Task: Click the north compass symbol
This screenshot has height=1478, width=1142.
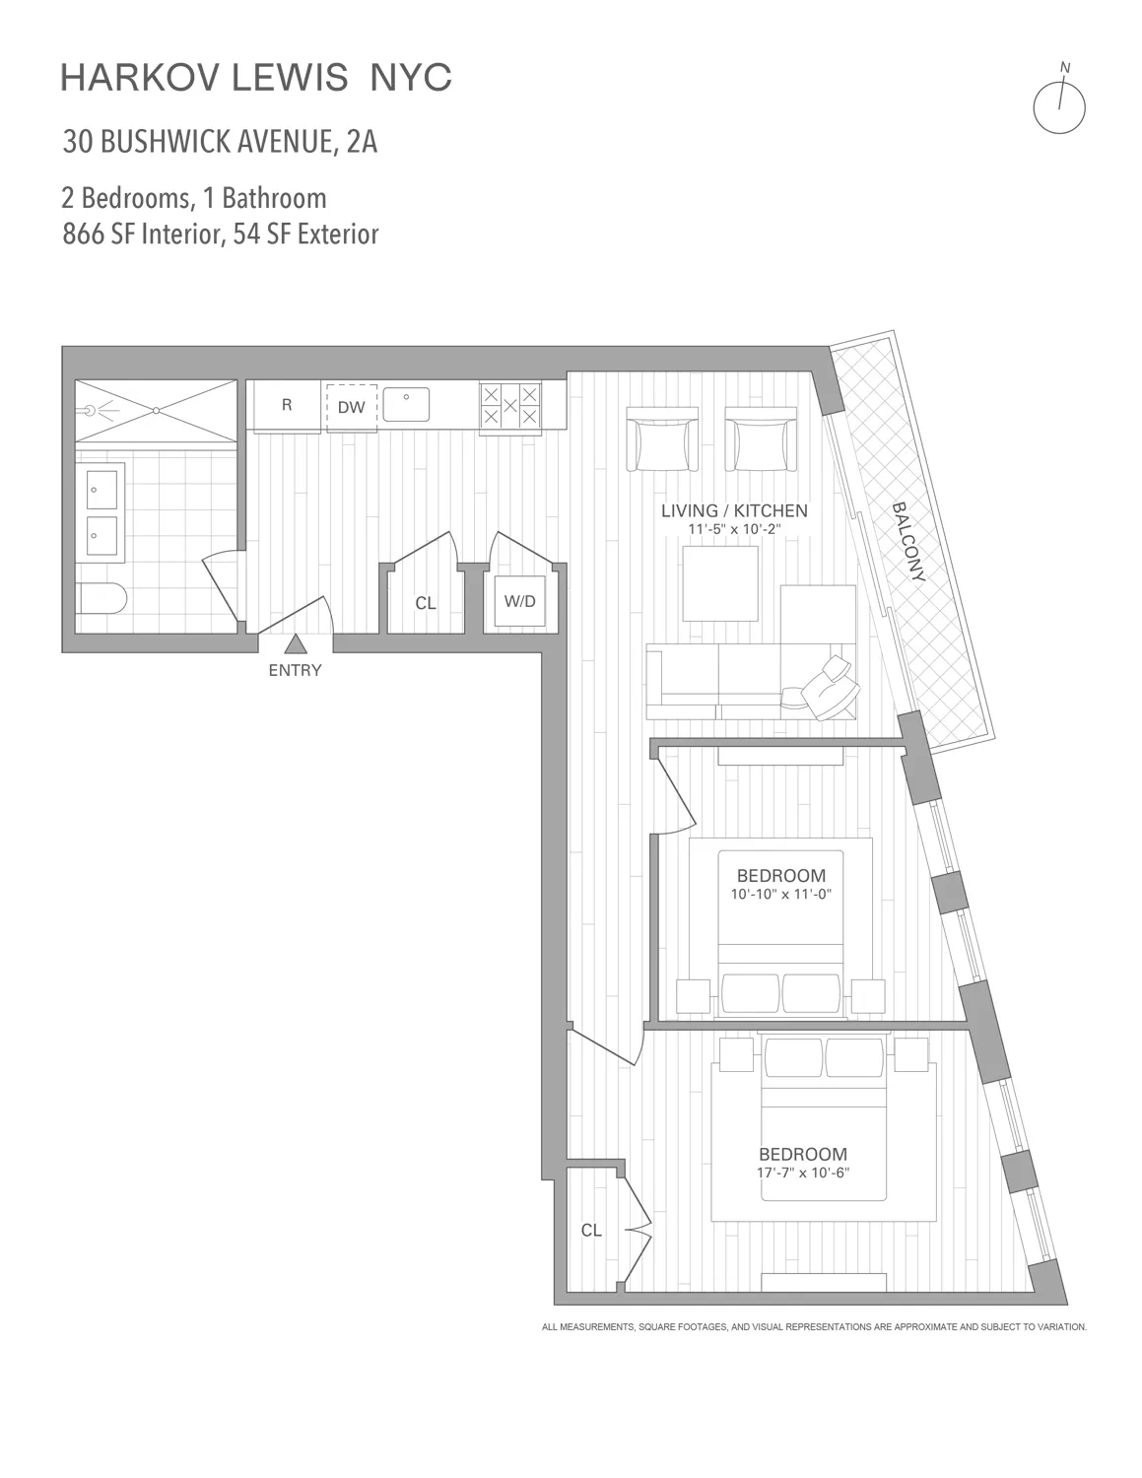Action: point(1058,104)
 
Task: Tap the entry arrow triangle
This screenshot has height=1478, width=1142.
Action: point(295,645)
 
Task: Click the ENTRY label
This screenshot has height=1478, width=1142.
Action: point(295,671)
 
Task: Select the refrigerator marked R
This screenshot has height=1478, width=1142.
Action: point(286,405)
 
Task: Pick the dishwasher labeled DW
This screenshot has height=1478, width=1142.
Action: point(352,407)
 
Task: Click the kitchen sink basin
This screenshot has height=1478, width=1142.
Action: point(405,403)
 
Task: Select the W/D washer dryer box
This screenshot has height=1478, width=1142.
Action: point(519,601)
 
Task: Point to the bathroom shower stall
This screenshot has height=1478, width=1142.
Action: point(156,411)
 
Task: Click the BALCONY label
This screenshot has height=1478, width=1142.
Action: point(908,543)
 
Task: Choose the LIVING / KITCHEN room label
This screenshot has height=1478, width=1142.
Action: point(734,510)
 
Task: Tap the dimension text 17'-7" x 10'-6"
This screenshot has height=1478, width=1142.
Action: point(803,1173)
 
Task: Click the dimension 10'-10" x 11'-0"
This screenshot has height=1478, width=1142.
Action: point(781,895)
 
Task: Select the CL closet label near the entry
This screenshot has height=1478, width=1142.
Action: point(425,603)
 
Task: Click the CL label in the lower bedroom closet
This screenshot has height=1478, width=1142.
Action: point(591,1230)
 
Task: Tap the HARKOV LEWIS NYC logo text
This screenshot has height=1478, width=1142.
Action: point(256,78)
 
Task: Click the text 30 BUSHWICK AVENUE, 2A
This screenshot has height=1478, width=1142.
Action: point(220,142)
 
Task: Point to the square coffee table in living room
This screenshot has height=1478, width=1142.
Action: point(720,583)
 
